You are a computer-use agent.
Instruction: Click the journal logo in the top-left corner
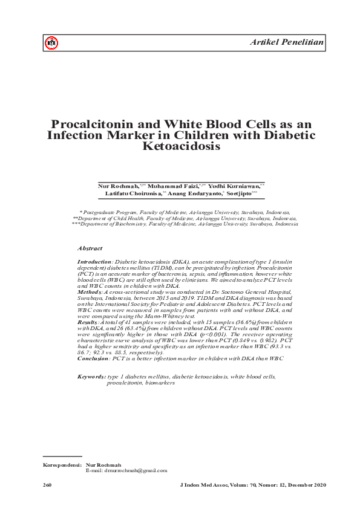(x=51, y=42)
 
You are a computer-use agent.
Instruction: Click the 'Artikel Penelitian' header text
(x=287, y=41)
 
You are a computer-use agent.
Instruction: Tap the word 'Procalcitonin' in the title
(x=102, y=122)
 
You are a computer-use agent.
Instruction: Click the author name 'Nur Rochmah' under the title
(x=117, y=186)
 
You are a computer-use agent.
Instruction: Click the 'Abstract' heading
(x=90, y=248)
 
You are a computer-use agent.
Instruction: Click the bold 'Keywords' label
(x=92, y=377)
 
